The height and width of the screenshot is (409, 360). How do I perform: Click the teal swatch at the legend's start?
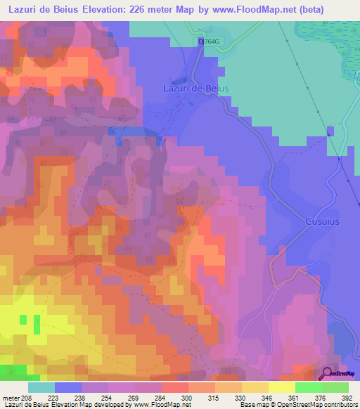[41, 387]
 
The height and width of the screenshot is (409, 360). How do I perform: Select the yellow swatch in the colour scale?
[281, 387]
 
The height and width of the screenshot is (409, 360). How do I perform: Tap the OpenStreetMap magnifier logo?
[327, 373]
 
